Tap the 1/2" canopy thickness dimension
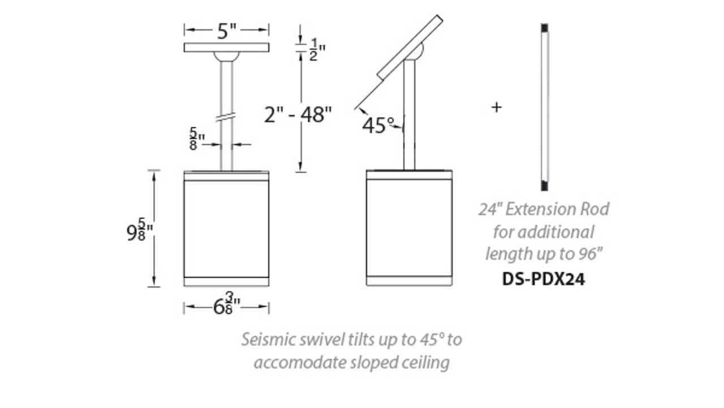coord(316,49)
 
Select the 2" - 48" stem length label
coord(297,115)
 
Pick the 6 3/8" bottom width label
coord(226,307)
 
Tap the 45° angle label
coord(378,125)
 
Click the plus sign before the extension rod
coord(496,107)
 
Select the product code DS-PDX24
coord(544,279)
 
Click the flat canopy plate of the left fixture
coord(226,47)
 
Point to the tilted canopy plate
coord(410,47)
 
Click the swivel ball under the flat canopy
coord(226,56)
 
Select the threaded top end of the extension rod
coord(545,28)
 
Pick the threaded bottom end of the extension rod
coord(545,185)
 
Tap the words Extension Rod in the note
coord(557,209)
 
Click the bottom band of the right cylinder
coord(409,281)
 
